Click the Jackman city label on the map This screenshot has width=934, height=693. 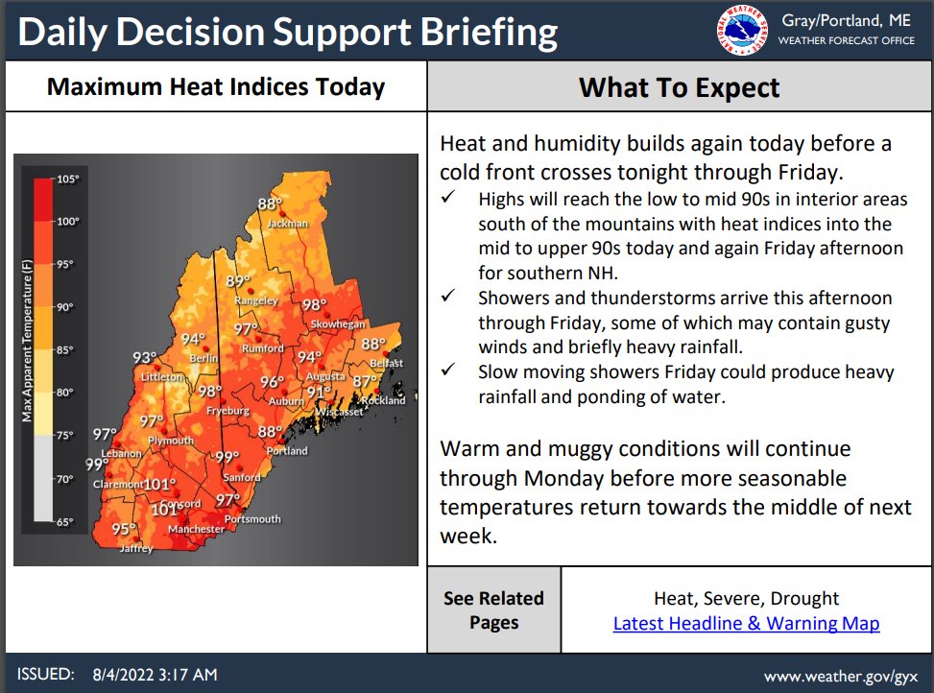[288, 224]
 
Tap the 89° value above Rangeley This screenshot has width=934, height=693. [238, 281]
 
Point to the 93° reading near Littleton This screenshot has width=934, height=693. [144, 358]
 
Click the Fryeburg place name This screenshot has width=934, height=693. [228, 411]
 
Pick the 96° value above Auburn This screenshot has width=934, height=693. [273, 382]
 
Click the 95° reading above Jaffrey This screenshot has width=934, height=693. [123, 529]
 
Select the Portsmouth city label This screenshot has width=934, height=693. [251, 519]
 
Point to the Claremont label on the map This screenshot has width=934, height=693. [118, 485]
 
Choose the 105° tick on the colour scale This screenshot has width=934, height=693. [67, 179]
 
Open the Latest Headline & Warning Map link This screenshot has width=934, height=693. [746, 624]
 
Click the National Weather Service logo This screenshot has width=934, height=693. [742, 30]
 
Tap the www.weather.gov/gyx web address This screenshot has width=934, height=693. [841, 676]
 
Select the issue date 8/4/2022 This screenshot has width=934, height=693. [128, 675]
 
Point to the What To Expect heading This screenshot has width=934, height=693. [679, 88]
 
